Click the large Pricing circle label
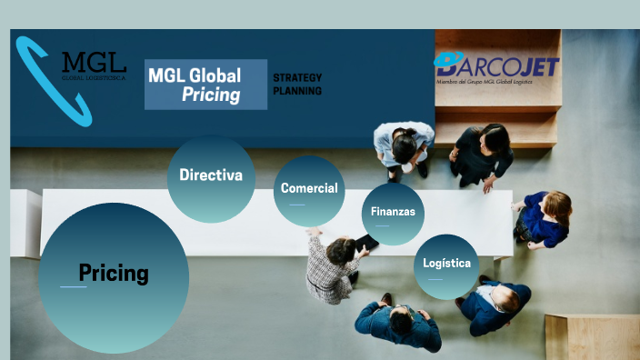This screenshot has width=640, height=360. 114,272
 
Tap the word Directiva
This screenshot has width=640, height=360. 211,175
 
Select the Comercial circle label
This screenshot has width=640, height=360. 309,188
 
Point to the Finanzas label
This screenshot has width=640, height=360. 393,211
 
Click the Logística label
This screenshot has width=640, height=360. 446,263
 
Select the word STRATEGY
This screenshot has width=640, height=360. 297,77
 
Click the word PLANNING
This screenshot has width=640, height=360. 297,91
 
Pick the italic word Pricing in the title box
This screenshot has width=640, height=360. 211,95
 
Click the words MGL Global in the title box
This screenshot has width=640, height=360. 195,75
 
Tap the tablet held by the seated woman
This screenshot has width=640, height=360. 366,243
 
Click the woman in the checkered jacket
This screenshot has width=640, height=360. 331,268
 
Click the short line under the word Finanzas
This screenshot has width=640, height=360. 382,225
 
